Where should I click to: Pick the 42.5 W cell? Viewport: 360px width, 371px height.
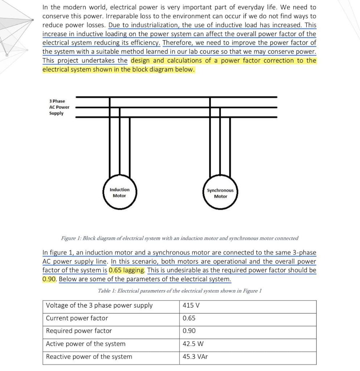pos(193,344)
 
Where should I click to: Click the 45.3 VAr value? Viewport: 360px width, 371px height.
pos(195,357)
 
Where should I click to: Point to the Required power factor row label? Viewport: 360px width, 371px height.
pos(79,331)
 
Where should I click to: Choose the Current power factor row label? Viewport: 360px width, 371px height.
pos(77,318)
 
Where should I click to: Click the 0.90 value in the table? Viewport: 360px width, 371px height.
pos(189,331)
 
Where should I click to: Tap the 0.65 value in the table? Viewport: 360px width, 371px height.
pos(189,318)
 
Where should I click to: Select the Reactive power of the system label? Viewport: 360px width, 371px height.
pos(89,357)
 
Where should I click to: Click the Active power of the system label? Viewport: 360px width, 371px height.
pos(86,344)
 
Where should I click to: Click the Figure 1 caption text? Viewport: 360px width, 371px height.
pos(180,238)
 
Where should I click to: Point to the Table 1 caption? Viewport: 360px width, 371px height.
pos(180,291)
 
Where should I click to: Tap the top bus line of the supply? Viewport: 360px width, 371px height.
pos(176,97)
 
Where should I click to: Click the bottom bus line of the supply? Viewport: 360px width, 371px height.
pos(176,117)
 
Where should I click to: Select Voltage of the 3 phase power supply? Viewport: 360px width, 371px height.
pos(99,305)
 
